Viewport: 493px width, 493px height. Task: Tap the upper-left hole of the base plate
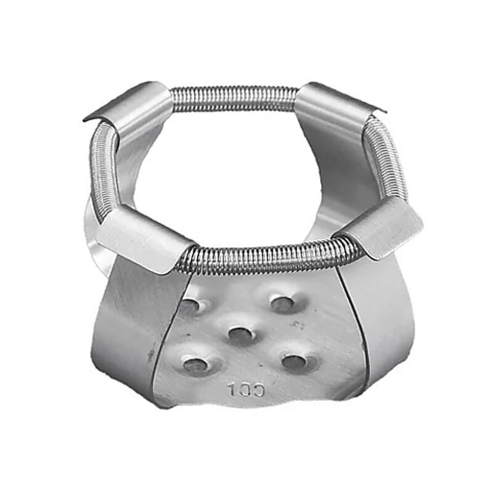190,304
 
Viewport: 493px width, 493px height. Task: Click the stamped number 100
246,389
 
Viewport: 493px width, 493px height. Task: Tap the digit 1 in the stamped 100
232,389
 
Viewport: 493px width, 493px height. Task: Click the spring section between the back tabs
234,97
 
